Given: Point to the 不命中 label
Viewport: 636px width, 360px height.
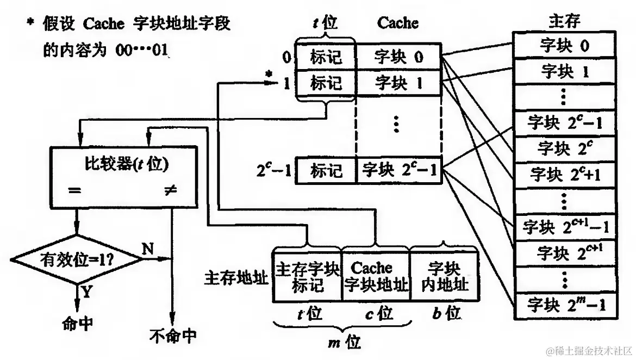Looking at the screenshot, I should click(x=172, y=336).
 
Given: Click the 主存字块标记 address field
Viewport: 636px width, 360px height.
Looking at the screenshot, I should click(x=307, y=276).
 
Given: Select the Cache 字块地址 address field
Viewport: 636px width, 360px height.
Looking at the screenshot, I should click(x=375, y=276).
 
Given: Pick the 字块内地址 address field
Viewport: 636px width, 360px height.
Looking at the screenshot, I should click(x=444, y=276).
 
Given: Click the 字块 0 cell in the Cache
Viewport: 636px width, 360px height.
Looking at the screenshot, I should click(x=398, y=57).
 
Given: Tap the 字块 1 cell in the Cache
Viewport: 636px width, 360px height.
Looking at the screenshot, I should click(x=398, y=83).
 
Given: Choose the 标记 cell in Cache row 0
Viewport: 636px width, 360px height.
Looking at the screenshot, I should click(x=326, y=57).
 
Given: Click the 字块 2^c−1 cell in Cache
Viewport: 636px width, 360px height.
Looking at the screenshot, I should click(x=398, y=171).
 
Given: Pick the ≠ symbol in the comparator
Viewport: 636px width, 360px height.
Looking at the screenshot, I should click(x=171, y=190).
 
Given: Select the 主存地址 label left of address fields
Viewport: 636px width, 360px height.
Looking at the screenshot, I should click(x=236, y=278).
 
